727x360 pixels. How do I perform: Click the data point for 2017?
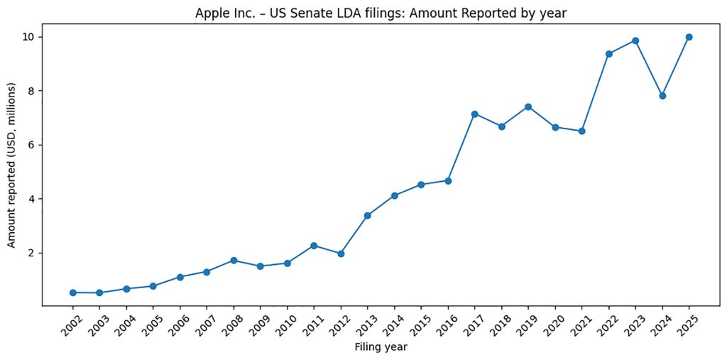click(x=475, y=114)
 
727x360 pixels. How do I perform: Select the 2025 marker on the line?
click(x=689, y=37)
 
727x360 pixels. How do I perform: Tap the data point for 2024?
click(x=662, y=96)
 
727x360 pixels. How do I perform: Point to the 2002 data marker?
click(x=73, y=293)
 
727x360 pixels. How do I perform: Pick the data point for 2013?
click(x=368, y=215)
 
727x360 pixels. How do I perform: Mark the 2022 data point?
click(x=609, y=54)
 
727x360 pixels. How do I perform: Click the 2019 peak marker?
click(x=528, y=107)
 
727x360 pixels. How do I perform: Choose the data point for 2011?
click(x=314, y=246)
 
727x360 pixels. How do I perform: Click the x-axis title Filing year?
click(x=381, y=347)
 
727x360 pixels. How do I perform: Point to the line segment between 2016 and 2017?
click(x=461, y=147)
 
